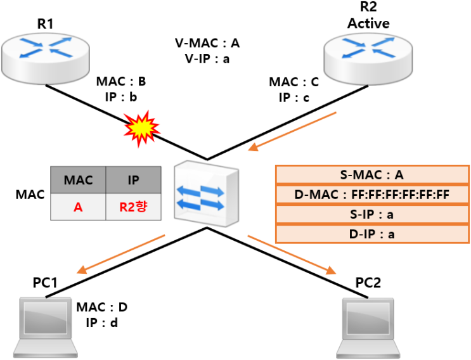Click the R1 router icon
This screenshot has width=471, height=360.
46,58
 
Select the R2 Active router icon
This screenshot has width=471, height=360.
368,59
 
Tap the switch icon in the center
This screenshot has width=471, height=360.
207,194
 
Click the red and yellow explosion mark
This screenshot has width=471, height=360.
142,129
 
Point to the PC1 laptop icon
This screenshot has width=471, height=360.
46,328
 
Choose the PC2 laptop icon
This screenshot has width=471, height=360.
368,328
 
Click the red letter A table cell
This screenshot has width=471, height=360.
78,207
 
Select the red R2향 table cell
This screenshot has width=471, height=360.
133,207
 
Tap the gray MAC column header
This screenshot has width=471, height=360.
78,180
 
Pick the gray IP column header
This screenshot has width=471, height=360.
133,180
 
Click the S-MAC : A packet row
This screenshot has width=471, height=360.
372,174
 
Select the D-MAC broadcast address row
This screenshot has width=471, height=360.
372,195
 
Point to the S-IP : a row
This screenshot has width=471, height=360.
372,214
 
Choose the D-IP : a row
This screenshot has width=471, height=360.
372,235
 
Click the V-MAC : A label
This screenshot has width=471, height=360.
207,43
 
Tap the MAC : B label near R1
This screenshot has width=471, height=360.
121,81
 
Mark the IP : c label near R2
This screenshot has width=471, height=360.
294,98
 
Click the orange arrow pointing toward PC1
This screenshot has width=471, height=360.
121,254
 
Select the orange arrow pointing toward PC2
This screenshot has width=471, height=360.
292,255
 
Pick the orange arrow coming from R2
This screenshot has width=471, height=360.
292,131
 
